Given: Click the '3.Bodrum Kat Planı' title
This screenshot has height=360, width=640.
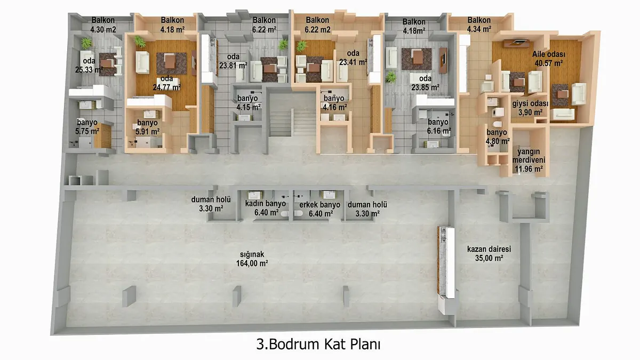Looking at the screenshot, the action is tap(318, 345).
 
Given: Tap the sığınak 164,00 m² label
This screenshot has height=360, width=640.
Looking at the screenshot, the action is tap(252, 259).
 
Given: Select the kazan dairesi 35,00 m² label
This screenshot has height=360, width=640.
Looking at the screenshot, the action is tap(489, 253).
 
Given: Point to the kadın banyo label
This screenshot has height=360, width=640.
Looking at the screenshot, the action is tap(266, 203).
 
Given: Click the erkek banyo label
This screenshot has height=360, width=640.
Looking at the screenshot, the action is tap(319, 205).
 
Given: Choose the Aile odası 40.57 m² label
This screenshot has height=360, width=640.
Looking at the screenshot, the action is tap(549, 59).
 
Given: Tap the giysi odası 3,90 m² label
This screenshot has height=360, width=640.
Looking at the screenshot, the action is tap(530, 108).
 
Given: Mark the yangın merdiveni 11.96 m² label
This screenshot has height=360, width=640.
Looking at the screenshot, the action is tap(529, 160).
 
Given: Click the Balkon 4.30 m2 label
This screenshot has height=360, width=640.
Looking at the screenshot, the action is tap(103, 25).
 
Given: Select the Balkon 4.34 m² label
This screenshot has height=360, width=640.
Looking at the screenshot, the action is tap(479, 25).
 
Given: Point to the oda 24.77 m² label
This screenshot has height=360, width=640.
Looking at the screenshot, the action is tap(166, 83).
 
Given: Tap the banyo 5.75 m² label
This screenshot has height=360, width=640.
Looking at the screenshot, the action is tap(87, 126).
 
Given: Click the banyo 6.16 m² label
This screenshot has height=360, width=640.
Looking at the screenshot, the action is tap(438, 126).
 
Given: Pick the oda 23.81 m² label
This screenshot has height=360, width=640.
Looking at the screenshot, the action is tap(233, 61).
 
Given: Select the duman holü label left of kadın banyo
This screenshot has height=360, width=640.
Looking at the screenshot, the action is tap(211, 204).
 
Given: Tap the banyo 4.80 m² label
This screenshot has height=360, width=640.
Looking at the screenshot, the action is tap(497, 137).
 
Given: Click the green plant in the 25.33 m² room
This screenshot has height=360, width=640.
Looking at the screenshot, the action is tap(86, 43).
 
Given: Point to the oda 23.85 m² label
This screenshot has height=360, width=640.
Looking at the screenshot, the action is tap(425, 83).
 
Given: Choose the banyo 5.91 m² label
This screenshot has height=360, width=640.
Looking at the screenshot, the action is tap(147, 127).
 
